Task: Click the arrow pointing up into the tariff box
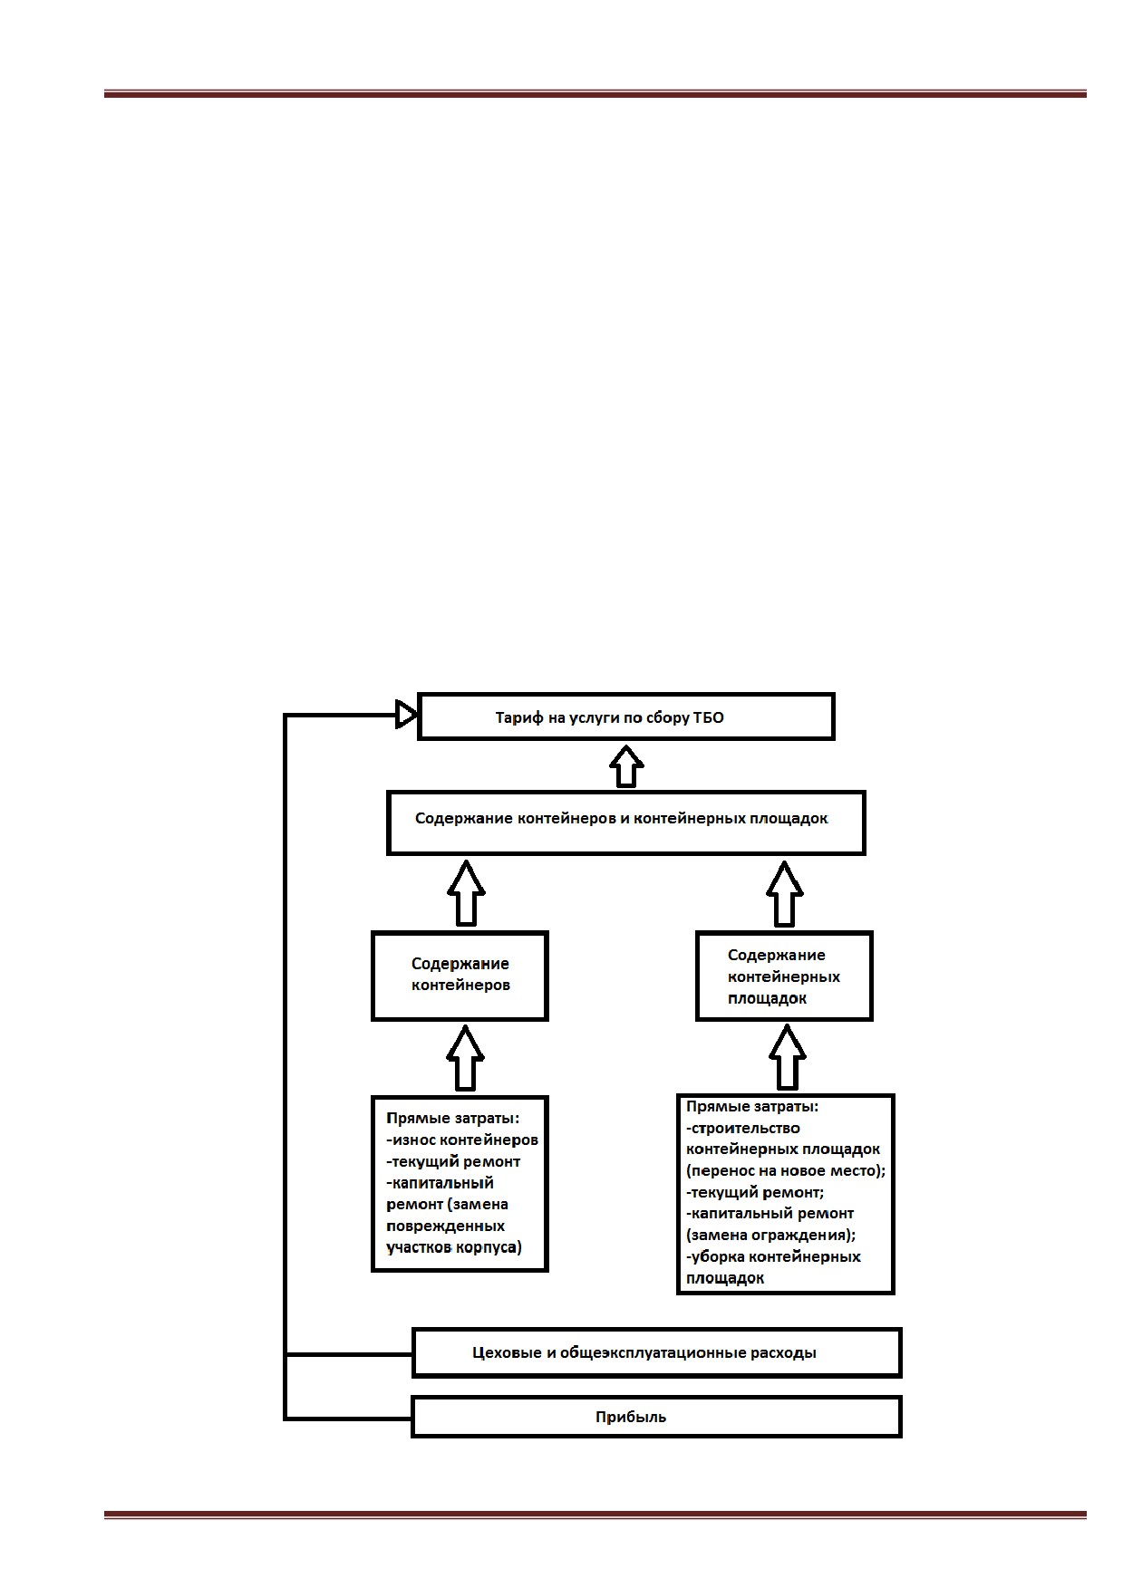626,766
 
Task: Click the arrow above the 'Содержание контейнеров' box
466,893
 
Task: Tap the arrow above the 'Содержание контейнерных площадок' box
785,893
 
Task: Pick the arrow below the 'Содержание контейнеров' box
465,1058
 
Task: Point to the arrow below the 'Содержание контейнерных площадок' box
787,1058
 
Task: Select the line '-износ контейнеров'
462,1140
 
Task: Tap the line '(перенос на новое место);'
786,1170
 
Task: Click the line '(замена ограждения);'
771,1235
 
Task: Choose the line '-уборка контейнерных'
773,1256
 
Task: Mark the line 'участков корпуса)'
454,1247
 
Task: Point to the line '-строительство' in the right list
742,1128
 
